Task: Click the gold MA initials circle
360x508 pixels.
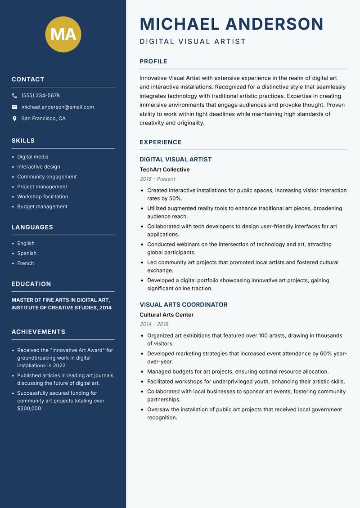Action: pos(63,34)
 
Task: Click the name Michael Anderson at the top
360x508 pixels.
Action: pos(231,24)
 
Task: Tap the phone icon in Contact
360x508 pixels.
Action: pos(14,96)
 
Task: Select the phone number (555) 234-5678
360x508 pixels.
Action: pos(40,96)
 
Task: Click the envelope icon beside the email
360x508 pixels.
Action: pos(14,107)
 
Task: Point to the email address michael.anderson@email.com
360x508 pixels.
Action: pos(58,107)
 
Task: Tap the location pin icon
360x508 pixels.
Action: pos(14,119)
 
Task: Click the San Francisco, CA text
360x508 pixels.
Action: pos(43,119)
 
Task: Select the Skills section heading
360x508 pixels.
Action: pos(23,141)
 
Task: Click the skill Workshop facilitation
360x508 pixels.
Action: pos(43,196)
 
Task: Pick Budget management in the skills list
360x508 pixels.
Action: pos(42,207)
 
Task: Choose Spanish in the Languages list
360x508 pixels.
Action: pos(27,254)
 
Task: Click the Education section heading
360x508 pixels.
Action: pos(31,284)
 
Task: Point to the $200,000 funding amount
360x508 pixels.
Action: pos(30,409)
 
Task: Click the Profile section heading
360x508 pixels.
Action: pos(153,62)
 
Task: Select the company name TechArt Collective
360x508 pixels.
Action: pos(165,170)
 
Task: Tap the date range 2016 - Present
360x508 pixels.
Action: pos(157,179)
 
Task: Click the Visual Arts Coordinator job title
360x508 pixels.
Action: pos(183,305)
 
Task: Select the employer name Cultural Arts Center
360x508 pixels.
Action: pos(166,315)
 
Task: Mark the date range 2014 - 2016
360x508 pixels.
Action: pos(154,324)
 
